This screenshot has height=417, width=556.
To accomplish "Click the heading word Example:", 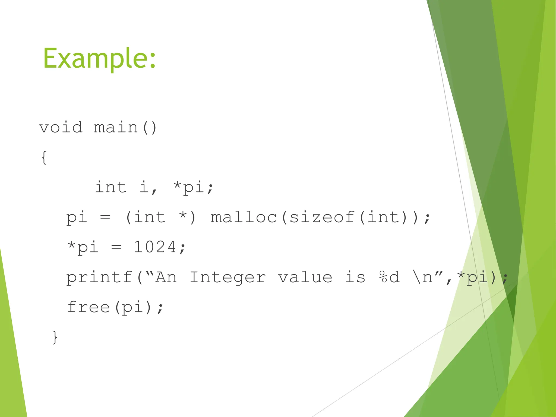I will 99,59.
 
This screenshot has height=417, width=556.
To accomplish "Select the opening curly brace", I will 44,157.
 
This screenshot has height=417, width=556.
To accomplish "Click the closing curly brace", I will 55,337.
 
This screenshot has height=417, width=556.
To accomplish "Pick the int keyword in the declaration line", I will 111,187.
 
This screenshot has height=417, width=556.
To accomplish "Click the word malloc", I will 244,217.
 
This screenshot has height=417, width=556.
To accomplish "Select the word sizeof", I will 322,217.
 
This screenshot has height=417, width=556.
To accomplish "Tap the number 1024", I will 155,247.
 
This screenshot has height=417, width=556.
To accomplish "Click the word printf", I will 99,277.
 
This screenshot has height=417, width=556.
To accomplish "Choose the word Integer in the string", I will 228,277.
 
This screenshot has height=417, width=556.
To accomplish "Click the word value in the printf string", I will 305,277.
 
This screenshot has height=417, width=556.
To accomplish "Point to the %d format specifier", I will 389,277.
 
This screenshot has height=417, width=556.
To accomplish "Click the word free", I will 89,307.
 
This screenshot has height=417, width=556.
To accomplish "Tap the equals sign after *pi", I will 116,247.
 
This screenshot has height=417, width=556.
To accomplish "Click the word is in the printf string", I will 355,277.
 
